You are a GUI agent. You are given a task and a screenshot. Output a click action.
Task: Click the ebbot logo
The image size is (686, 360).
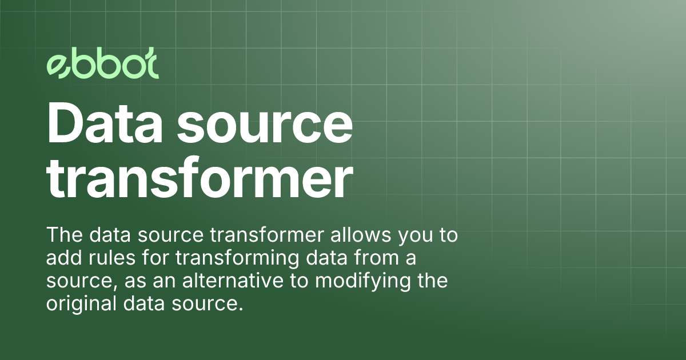click(102, 67)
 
